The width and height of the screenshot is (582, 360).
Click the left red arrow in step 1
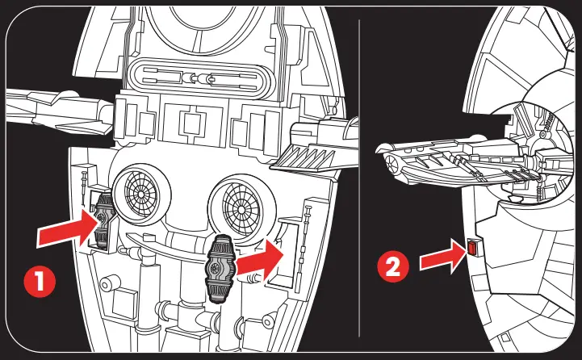click(x=62, y=228)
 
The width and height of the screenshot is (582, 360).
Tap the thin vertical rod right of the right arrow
click(x=308, y=242)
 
